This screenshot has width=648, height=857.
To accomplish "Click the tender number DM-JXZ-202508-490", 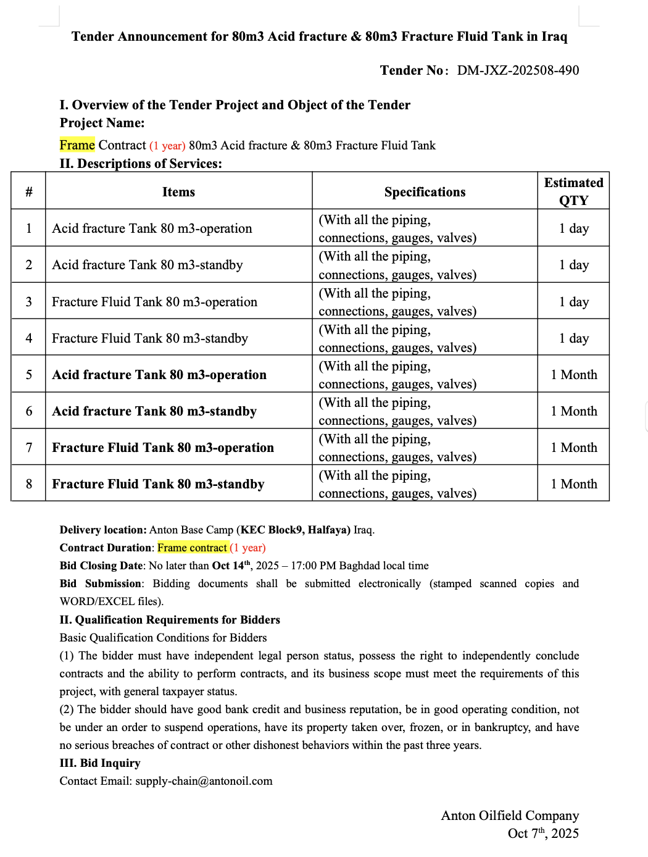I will click(x=517, y=70).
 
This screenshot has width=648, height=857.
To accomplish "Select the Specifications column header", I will click(x=425, y=192).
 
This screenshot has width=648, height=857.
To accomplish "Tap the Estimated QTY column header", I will click(x=573, y=191).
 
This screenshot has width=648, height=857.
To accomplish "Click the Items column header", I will click(x=178, y=192).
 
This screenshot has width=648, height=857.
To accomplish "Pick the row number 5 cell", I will click(x=28, y=375).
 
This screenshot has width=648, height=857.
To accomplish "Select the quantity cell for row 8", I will click(x=573, y=484).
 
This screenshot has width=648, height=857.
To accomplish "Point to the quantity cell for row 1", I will click(x=573, y=228).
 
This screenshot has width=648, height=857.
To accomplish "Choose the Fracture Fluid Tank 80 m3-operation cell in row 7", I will click(x=163, y=448).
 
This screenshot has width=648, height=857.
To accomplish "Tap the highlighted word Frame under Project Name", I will click(x=77, y=145).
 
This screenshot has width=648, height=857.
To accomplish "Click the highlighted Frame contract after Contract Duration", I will click(x=193, y=548).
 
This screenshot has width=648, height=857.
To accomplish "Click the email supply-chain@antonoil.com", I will click(x=204, y=781).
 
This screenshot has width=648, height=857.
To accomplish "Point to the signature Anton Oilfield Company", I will click(x=510, y=816).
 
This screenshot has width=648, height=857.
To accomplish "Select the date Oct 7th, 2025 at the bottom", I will click(x=543, y=834).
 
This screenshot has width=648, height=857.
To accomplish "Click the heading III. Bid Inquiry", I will click(x=100, y=763).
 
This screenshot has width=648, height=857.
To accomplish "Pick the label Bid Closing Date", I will click(x=101, y=566).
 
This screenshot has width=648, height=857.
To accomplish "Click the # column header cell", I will click(x=28, y=192).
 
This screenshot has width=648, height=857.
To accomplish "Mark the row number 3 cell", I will click(x=28, y=302).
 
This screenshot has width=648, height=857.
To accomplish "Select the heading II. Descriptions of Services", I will click(x=141, y=164).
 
